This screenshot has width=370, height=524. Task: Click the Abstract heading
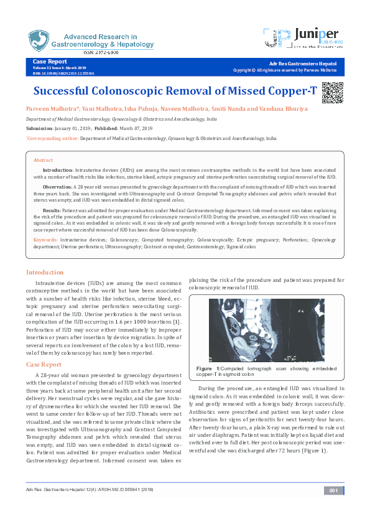(43, 160)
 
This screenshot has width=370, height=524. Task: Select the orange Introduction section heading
(44, 273)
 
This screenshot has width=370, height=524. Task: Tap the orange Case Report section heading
(44, 364)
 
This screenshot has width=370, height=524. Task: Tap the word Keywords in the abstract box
(45, 239)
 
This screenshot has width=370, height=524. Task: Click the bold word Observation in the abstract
(57, 187)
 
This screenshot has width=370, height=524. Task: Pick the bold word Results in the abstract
(50, 212)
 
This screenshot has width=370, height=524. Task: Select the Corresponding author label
(52, 139)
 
